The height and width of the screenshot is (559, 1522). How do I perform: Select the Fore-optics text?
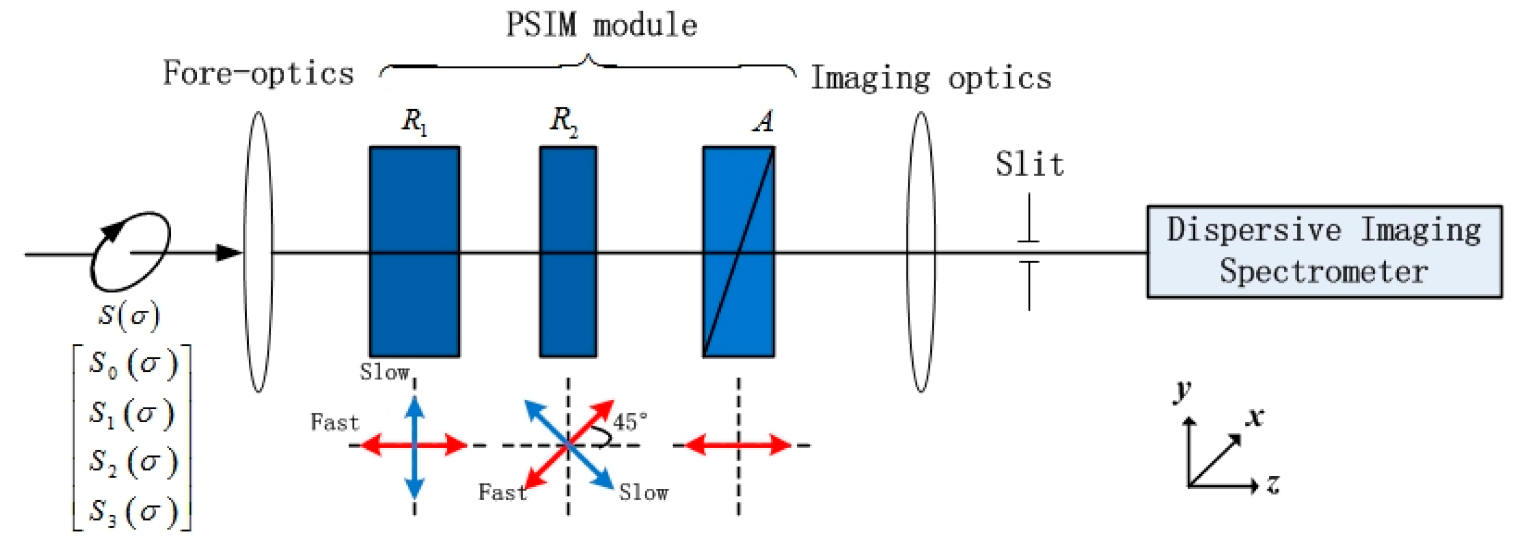pyautogui.click(x=258, y=74)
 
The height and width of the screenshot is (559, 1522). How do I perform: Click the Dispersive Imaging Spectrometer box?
pyautogui.click(x=1324, y=252)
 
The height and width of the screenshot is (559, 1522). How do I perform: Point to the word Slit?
pyautogui.click(x=1029, y=165)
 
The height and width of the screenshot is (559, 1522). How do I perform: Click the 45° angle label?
pyautogui.click(x=630, y=422)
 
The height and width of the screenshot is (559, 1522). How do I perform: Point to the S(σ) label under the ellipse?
pyautogui.click(x=129, y=315)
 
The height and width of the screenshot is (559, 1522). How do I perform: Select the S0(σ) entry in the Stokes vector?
pyautogui.click(x=133, y=364)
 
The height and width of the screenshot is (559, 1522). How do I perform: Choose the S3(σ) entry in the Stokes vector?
pyautogui.click(x=133, y=511)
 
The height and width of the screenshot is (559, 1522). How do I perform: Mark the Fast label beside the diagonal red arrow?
pyautogui.click(x=502, y=492)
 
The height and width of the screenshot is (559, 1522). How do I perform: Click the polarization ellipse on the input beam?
pyautogui.click(x=131, y=252)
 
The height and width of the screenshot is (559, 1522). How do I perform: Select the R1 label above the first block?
pyautogui.click(x=414, y=122)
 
